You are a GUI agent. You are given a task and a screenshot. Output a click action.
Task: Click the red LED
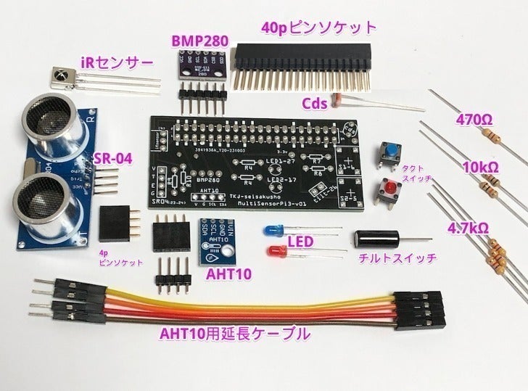[276, 252]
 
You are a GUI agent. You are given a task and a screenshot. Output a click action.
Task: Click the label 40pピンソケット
[318, 28]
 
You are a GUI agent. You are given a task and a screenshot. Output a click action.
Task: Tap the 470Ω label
[475, 118]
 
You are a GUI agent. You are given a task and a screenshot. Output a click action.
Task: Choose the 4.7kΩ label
[467, 227]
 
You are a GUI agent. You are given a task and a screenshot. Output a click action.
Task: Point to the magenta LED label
[300, 241]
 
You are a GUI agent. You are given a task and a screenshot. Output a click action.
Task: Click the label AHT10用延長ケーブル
[236, 334]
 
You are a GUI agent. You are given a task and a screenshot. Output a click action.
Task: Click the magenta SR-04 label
[112, 159]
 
